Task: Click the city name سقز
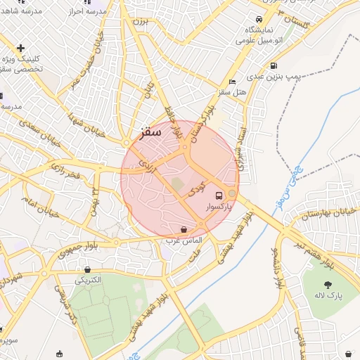point(150,131)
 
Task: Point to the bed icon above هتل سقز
point(233,82)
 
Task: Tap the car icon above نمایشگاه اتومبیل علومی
point(259,19)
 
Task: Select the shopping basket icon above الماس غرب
point(184,229)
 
